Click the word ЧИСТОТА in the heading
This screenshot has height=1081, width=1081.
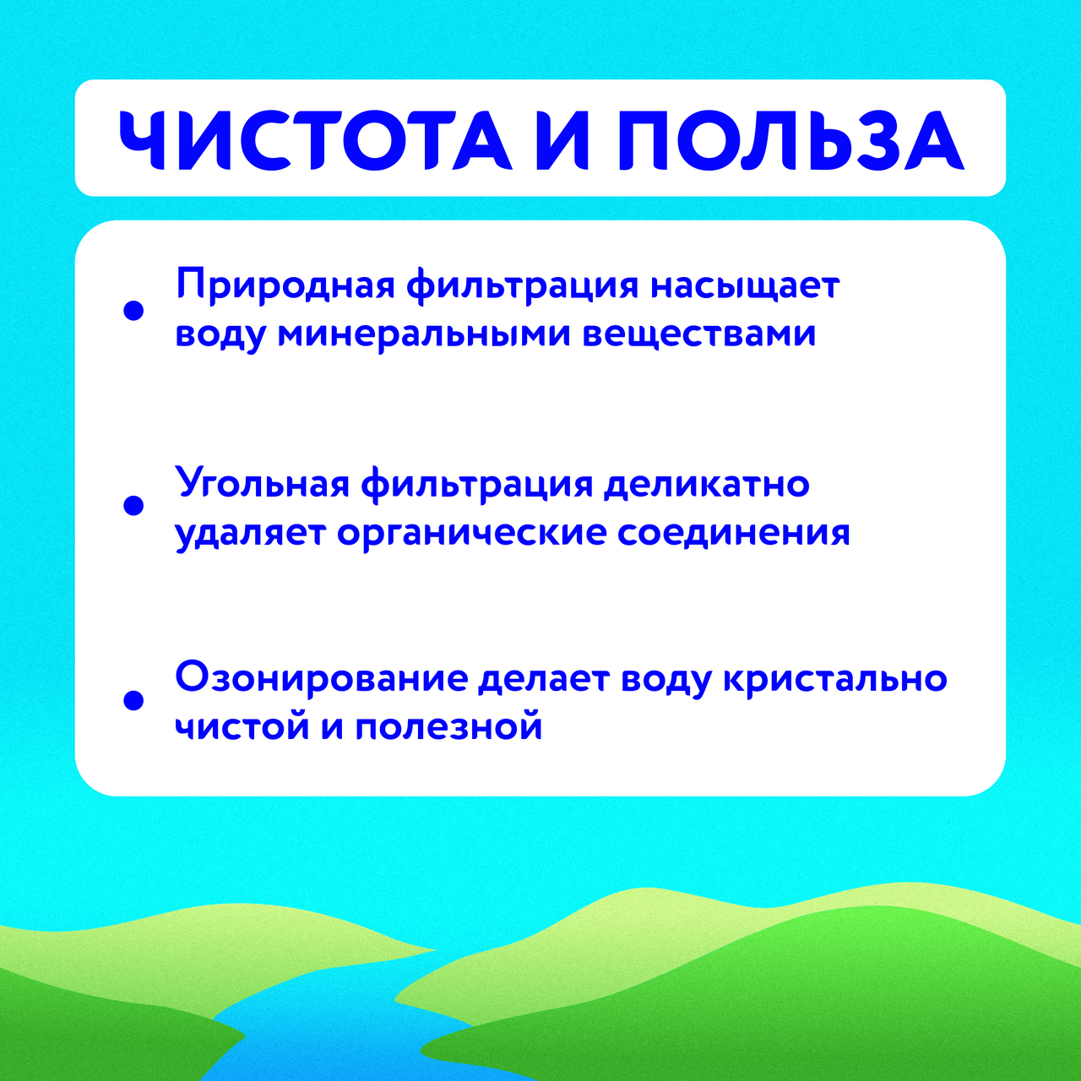point(314,140)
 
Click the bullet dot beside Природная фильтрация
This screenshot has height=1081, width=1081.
point(133,311)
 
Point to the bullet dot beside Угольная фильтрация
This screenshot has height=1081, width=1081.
point(133,505)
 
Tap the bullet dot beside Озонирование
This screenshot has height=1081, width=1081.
point(133,700)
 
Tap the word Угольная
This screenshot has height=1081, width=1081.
point(262,485)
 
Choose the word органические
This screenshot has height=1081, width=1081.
point(471,534)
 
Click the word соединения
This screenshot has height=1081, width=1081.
point(733,534)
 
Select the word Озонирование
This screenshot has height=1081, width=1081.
point(321,679)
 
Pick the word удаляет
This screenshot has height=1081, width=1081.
point(250,534)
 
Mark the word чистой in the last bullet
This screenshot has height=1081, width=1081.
point(242,726)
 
